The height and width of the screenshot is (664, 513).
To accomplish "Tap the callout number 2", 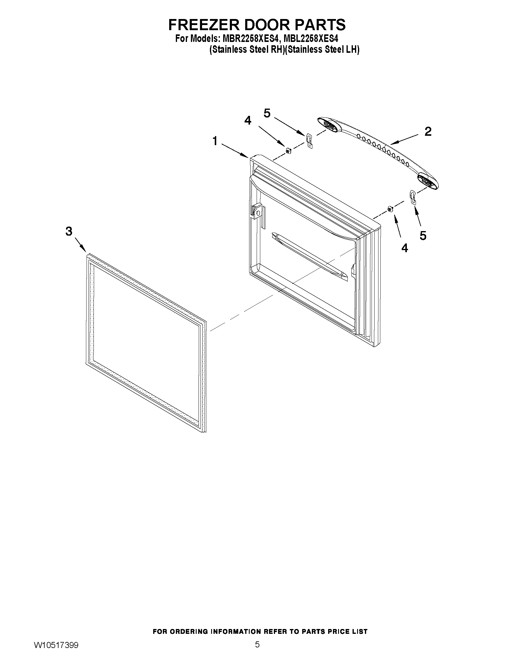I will click(x=428, y=131).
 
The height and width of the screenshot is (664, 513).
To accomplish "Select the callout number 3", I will click(x=69, y=231).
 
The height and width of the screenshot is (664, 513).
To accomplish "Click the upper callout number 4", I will click(x=248, y=121).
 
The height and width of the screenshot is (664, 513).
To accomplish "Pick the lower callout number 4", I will click(x=404, y=248).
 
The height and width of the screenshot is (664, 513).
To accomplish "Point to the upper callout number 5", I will click(x=267, y=113).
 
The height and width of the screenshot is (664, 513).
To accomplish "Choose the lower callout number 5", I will click(x=423, y=236).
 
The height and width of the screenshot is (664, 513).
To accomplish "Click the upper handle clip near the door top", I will click(x=309, y=141).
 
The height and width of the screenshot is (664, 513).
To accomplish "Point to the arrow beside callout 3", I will click(x=80, y=244).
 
